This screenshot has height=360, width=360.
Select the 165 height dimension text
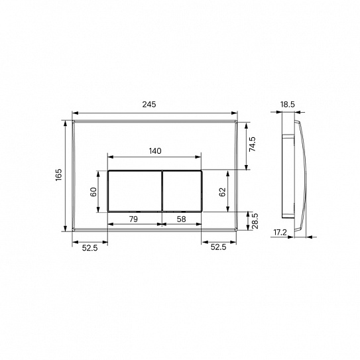pos(59,175)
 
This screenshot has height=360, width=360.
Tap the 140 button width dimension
pos(154,150)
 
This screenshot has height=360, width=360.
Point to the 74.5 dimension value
pos(253,145)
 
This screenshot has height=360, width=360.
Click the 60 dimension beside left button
pos(94,191)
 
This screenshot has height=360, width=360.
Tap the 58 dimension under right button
pos(181,218)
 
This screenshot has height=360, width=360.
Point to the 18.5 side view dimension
pos(286,105)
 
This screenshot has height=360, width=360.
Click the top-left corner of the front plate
pos(72,121)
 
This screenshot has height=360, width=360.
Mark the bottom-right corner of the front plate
pos(238,230)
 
